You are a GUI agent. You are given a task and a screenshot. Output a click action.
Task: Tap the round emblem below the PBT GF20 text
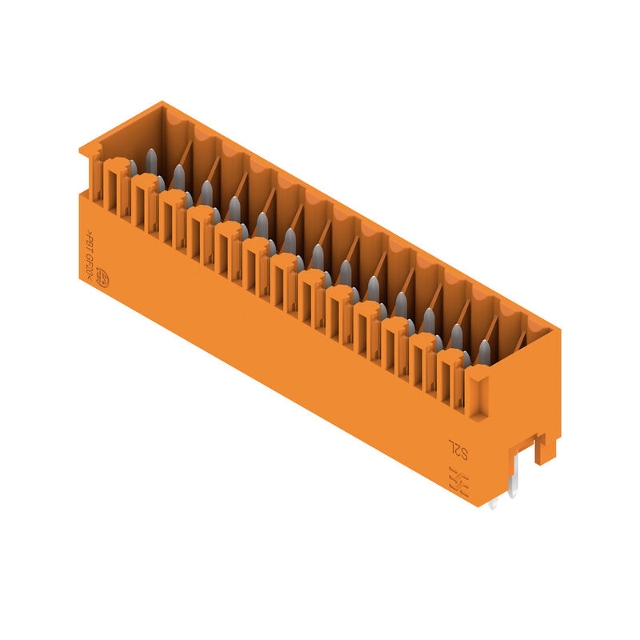(102, 279)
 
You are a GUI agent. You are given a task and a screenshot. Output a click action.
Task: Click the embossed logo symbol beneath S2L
(458, 481)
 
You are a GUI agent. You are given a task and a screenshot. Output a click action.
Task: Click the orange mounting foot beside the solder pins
(546, 449)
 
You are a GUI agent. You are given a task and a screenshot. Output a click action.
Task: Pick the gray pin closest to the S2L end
(483, 352)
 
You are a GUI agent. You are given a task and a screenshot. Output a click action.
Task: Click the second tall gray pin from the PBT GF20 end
(179, 177)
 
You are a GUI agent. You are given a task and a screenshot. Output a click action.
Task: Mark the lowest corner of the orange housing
(480, 506)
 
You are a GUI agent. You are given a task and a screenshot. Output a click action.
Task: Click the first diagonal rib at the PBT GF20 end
(187, 152)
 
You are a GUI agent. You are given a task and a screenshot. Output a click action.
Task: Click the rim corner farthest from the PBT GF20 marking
(558, 329)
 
